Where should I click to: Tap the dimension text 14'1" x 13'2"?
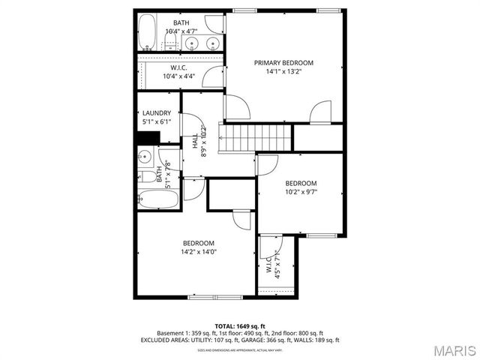(x=283, y=73)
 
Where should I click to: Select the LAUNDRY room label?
(x=157, y=113)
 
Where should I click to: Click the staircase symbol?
(x=254, y=136)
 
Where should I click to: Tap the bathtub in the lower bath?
(x=158, y=199)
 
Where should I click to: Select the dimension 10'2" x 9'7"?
(x=300, y=193)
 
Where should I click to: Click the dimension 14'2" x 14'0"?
(x=199, y=252)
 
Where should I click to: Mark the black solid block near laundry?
(x=148, y=137)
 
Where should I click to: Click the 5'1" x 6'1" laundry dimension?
(x=157, y=122)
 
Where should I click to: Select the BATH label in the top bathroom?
(x=181, y=22)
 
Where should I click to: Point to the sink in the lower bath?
(x=145, y=157)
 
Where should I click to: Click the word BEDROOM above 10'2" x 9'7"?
(x=300, y=183)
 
